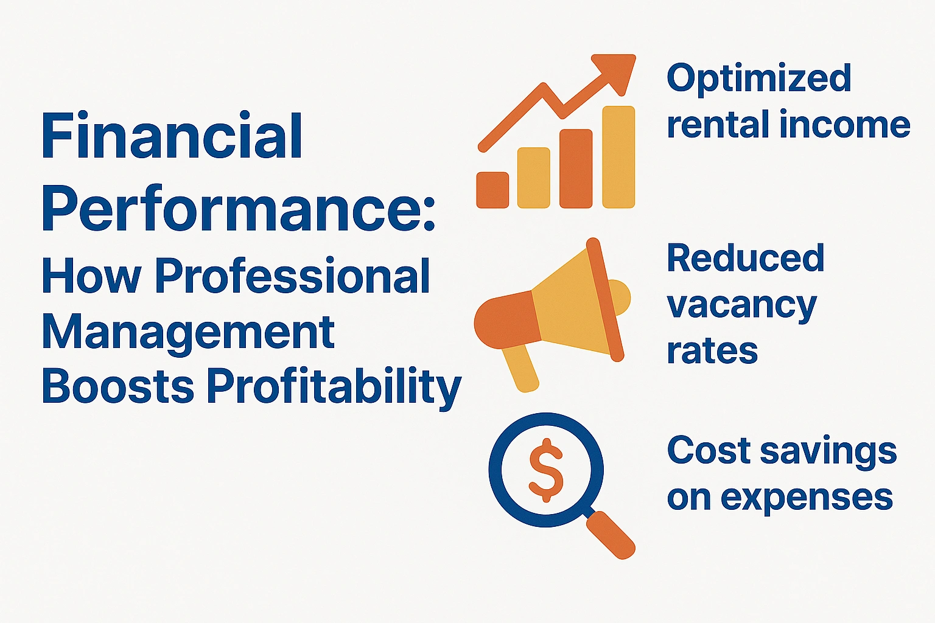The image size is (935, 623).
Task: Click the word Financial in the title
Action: point(172,136)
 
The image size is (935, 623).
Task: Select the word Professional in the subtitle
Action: point(292,277)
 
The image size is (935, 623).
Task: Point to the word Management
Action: point(188,333)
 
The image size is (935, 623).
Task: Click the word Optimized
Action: point(758,80)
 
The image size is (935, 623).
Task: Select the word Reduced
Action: point(746,258)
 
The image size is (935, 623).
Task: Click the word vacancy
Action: point(741,305)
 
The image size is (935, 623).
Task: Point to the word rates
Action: point(712,352)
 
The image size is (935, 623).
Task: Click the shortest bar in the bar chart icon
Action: point(492,190)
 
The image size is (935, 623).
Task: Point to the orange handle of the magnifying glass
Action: point(611,535)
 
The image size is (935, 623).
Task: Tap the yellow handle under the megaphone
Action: point(520,368)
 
